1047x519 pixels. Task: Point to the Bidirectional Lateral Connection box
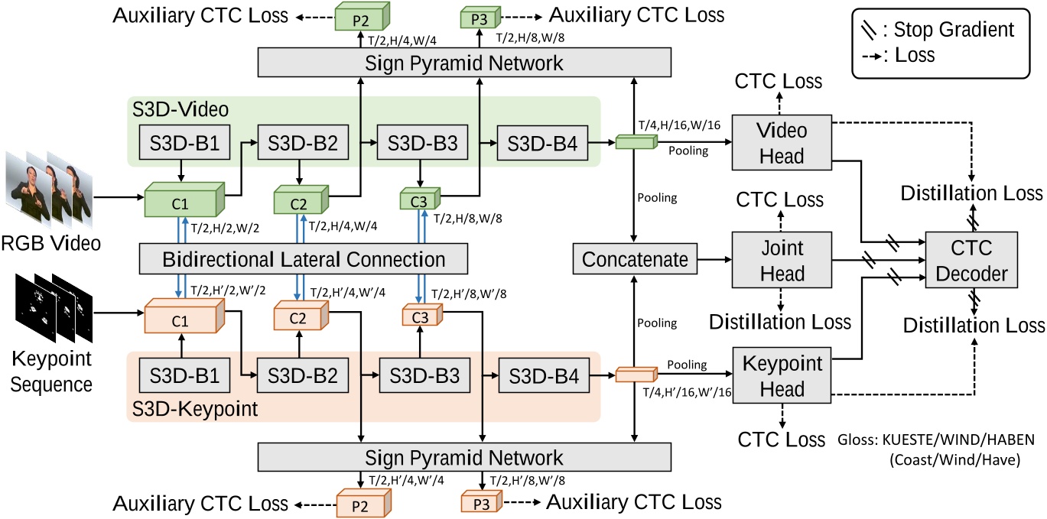(x=303, y=260)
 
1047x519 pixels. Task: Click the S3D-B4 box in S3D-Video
(x=542, y=144)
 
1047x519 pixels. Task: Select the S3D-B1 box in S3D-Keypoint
(x=180, y=377)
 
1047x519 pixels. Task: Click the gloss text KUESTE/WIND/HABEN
(x=942, y=440)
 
